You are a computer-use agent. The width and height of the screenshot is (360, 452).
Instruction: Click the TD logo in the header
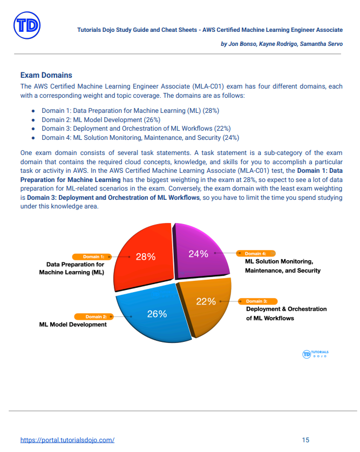click(x=26, y=25)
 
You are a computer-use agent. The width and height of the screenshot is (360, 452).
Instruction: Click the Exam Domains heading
click(x=46, y=75)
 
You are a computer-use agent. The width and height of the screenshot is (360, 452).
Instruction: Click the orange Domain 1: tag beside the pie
click(x=93, y=257)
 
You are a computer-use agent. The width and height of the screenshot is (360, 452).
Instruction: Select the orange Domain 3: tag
click(x=256, y=301)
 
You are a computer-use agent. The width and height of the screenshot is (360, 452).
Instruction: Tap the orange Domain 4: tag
click(x=256, y=253)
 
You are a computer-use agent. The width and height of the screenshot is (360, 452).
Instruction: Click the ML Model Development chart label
click(x=73, y=325)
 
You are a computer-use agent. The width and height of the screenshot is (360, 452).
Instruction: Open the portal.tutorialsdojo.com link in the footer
click(x=67, y=440)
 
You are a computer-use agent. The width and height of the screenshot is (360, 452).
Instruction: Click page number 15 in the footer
click(x=305, y=440)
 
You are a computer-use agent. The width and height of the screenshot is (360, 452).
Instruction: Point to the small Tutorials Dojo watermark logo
click(x=316, y=354)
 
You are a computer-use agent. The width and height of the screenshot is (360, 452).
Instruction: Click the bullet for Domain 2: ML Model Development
click(x=33, y=120)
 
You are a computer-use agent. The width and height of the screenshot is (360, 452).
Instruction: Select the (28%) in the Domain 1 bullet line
click(x=210, y=111)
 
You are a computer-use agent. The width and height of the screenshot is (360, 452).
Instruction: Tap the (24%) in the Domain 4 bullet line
click(x=230, y=137)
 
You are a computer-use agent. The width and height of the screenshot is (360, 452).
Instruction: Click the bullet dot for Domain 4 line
click(x=33, y=138)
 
